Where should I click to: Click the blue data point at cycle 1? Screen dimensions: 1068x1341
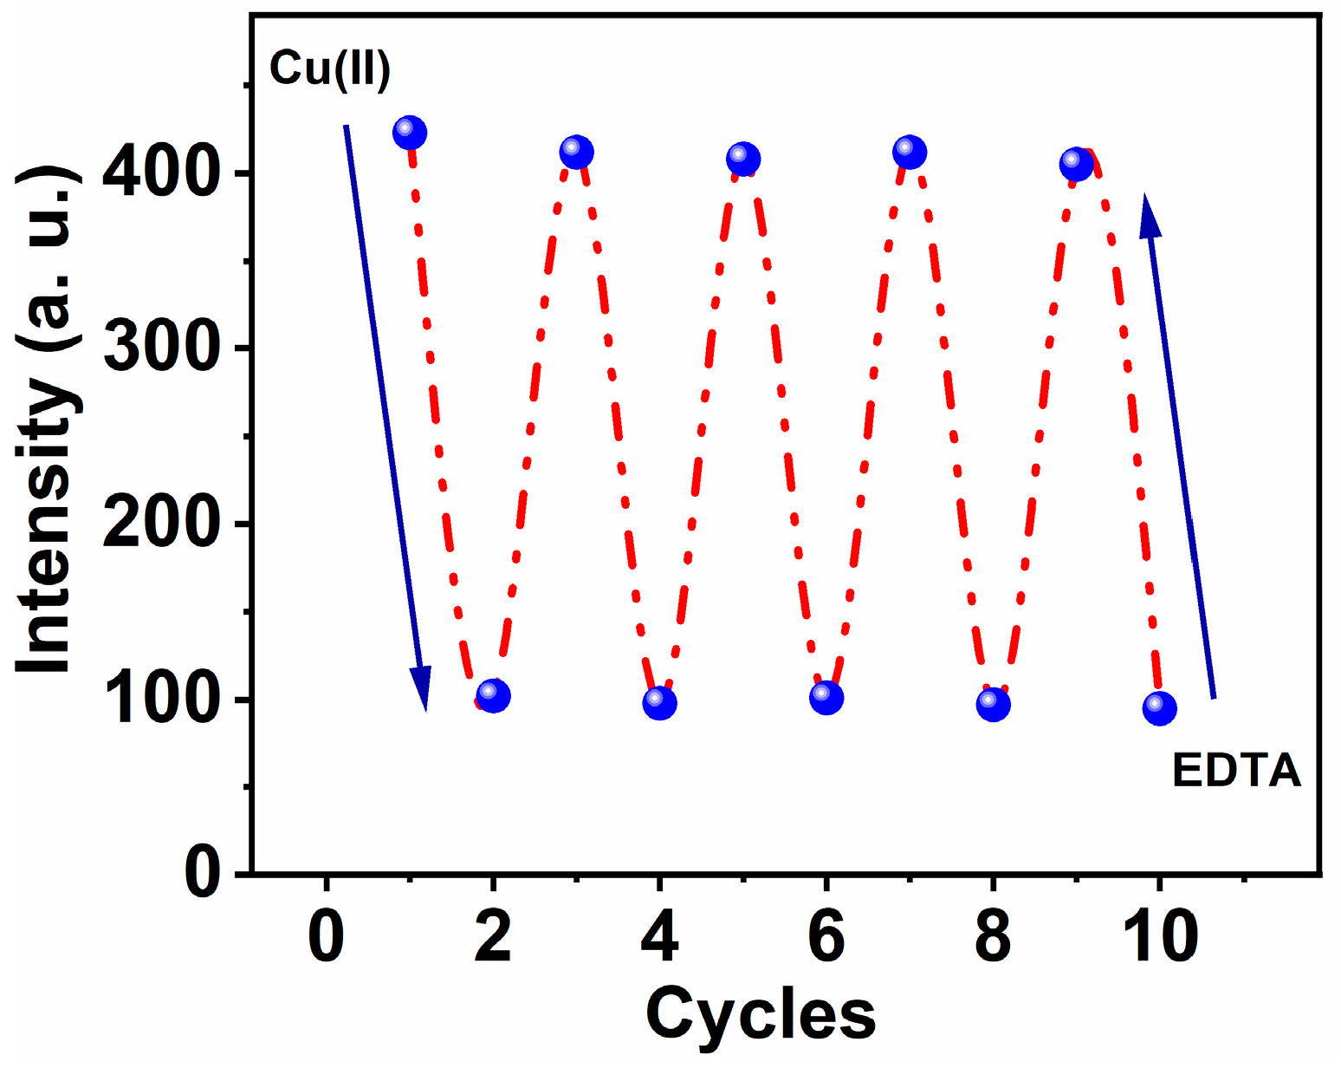(410, 133)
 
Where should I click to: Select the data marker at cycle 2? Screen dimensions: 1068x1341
(493, 695)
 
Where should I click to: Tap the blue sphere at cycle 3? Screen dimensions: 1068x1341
(576, 153)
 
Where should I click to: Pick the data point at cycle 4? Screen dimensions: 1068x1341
(659, 703)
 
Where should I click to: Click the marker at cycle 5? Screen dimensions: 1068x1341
(742, 160)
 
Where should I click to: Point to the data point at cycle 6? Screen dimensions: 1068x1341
(826, 697)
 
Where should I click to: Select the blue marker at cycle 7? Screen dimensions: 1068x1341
(909, 153)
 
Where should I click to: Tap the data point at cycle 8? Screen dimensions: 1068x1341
(993, 705)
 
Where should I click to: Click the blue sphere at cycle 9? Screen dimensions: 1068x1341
(1076, 164)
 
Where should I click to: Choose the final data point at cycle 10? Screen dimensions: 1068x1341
(1159, 709)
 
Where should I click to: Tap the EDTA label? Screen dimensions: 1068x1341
(1236, 770)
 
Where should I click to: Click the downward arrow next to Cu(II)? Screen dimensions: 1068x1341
(385, 416)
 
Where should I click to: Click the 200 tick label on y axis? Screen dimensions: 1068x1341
(159, 524)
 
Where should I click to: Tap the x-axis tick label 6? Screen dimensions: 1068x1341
(826, 938)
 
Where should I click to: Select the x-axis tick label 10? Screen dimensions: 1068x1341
(1159, 938)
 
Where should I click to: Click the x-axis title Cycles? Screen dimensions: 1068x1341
(761, 1014)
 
